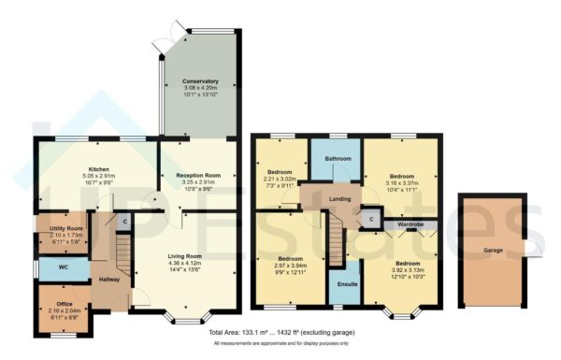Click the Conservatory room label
[x=200, y=81]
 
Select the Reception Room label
[x=197, y=174]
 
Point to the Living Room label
[x=184, y=255]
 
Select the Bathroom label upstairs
[x=338, y=159]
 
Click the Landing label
[x=339, y=198]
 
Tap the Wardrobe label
[x=412, y=224]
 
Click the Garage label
[x=492, y=251]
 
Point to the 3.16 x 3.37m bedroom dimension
[x=402, y=184]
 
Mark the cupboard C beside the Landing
[x=371, y=220]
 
